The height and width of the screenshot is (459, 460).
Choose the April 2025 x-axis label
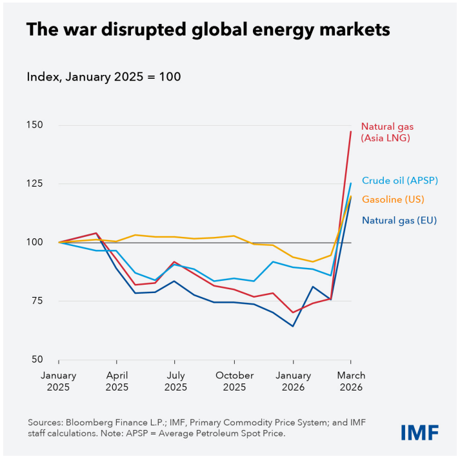117,382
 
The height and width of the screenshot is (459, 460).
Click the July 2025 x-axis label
174,382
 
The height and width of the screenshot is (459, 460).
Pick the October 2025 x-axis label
234,382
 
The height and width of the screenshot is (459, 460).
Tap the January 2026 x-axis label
293,382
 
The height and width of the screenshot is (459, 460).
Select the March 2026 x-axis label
350,382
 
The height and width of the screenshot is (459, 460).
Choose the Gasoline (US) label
393,199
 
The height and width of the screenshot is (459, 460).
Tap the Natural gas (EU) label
399,220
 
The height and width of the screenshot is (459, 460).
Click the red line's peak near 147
350,132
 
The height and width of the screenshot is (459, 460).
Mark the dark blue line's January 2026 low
293,326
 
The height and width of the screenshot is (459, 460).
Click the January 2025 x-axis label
59,382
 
